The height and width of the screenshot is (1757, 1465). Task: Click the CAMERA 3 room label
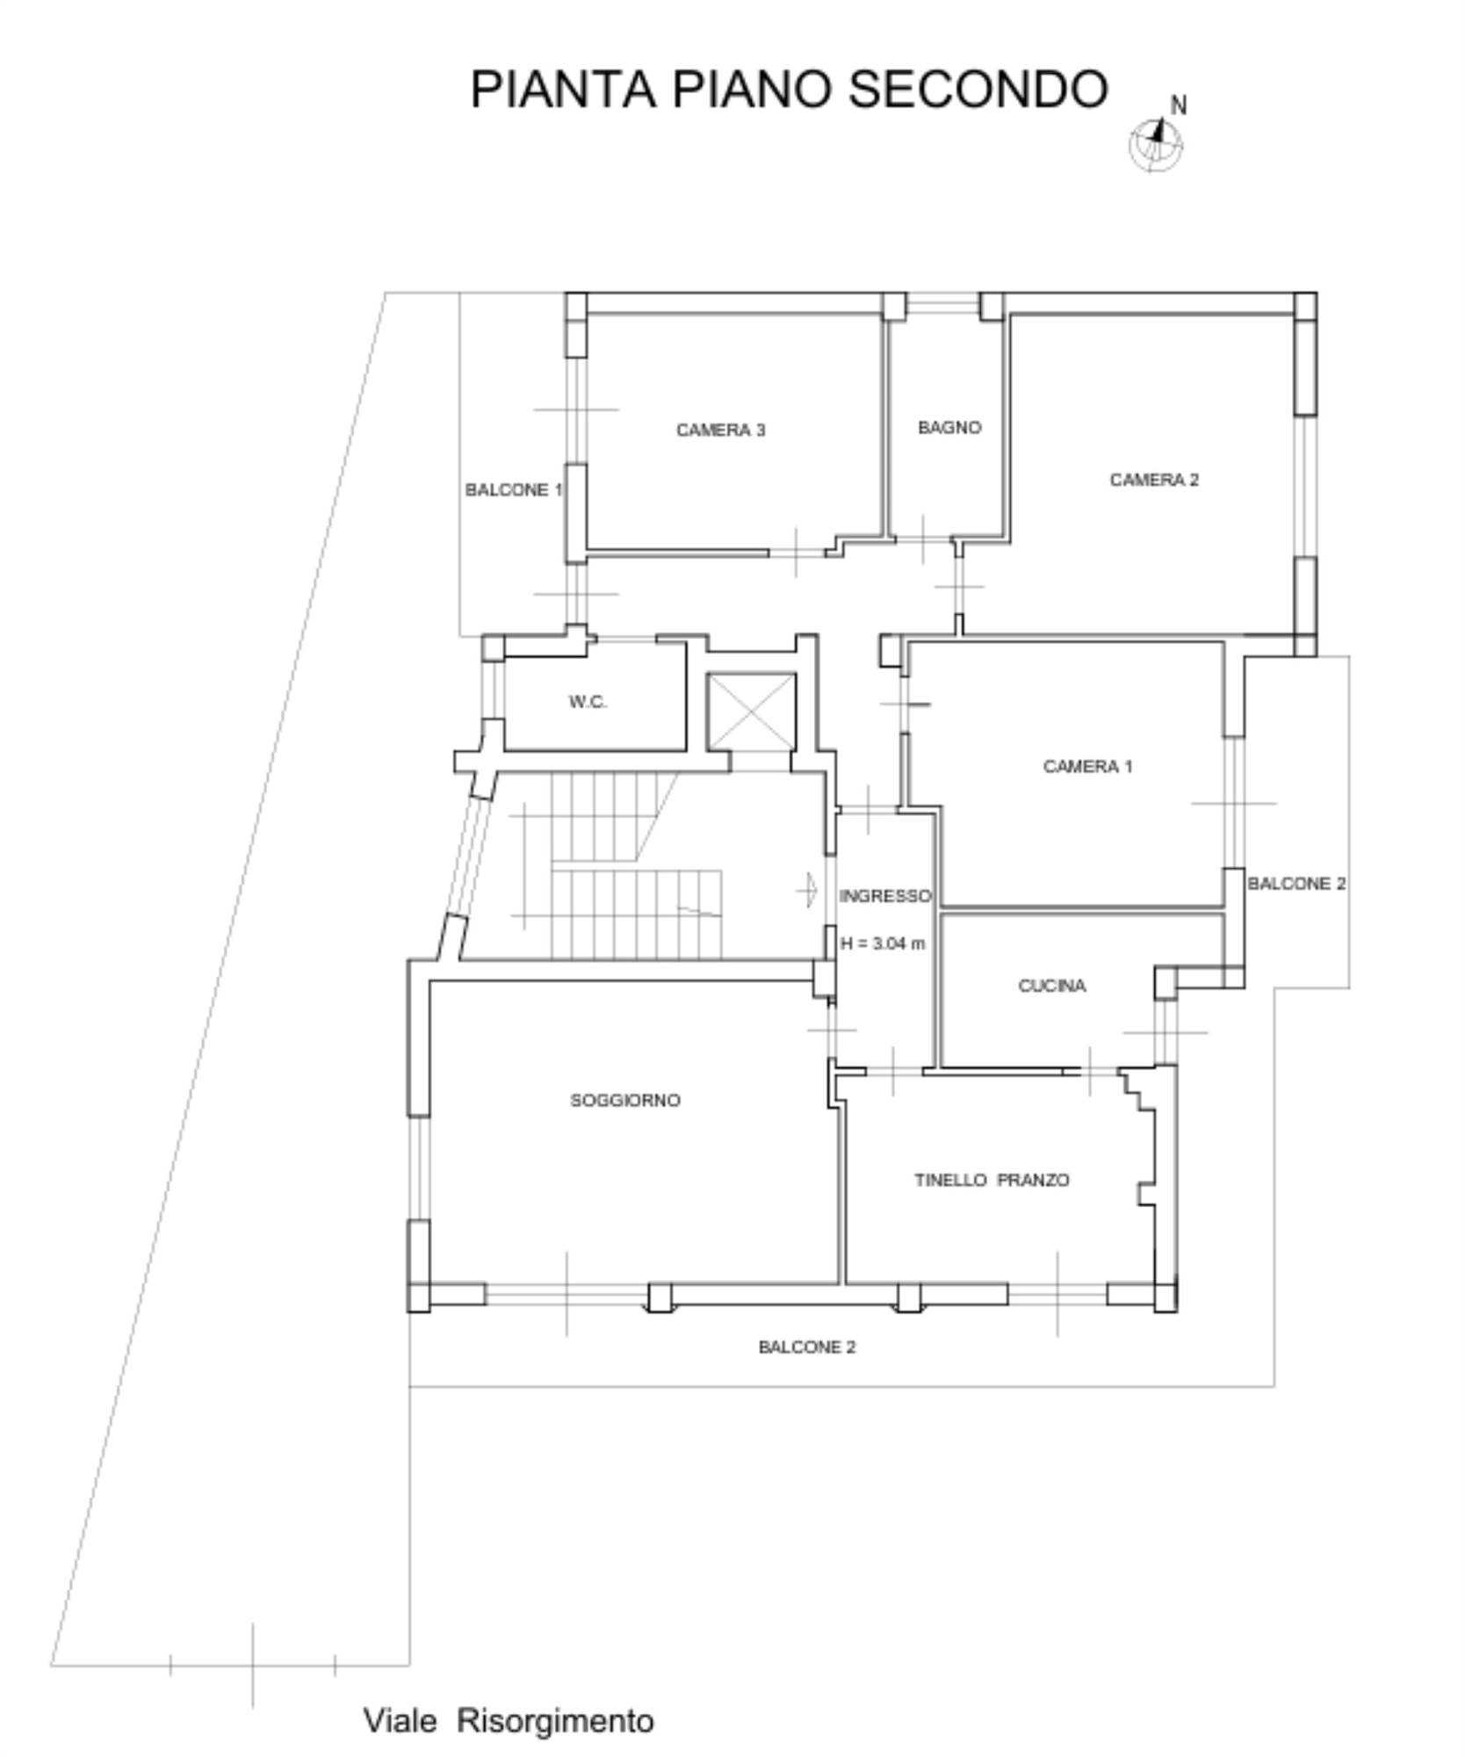point(720,430)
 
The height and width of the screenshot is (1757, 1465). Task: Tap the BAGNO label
point(949,427)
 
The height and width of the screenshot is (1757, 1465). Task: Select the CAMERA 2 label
point(1154,480)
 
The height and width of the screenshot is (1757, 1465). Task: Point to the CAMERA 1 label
point(1087,766)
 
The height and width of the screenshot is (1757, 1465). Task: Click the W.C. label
point(588,702)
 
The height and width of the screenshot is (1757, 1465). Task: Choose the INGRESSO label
point(885,896)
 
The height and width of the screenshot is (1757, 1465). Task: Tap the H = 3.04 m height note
point(883,944)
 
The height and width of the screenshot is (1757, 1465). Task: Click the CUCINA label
point(1052,986)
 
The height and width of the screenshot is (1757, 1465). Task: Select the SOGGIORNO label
point(625,1100)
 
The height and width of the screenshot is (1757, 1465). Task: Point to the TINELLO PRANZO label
point(992,1180)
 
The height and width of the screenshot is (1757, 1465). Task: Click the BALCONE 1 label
point(514,490)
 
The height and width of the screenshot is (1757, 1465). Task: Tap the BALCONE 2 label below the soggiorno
point(807,1347)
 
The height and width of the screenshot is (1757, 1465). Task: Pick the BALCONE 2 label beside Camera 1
point(1296,884)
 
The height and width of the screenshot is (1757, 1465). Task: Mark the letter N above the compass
point(1179,105)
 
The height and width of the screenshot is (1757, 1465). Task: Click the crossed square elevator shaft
point(752,712)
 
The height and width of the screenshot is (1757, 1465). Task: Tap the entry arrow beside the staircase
point(807,890)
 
